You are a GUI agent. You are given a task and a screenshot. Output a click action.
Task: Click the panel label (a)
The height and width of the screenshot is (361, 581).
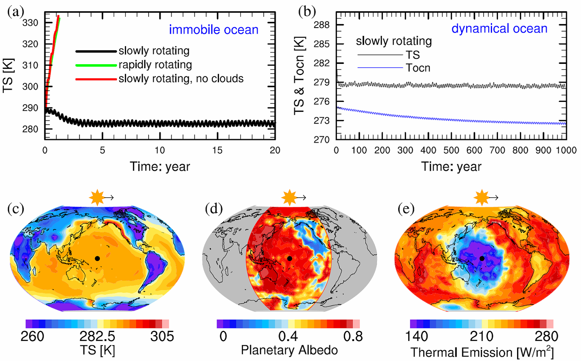pyautogui.click(x=16, y=12)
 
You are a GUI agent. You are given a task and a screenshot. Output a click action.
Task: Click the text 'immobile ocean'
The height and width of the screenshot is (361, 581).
pyautogui.click(x=214, y=30)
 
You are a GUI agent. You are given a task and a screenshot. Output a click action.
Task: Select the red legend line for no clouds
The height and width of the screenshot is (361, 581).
pyautogui.click(x=96, y=79)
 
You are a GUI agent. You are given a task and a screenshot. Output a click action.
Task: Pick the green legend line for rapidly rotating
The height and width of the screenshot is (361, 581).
pyautogui.click(x=96, y=65)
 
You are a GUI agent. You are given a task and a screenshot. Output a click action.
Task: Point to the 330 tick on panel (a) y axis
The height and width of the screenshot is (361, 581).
pyautogui.click(x=30, y=23)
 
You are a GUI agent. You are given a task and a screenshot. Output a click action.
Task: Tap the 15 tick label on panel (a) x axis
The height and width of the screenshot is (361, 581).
pyautogui.click(x=217, y=150)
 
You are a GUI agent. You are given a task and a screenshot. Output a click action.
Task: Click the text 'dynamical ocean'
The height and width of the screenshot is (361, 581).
pyautogui.click(x=499, y=28)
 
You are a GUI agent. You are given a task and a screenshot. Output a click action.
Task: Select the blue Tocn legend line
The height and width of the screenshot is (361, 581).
pyautogui.click(x=380, y=68)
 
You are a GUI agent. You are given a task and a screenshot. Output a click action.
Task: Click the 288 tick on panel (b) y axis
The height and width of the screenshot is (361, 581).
pyautogui.click(x=321, y=25)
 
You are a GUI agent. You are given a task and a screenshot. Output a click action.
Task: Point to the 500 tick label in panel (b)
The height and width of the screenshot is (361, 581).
pyautogui.click(x=451, y=150)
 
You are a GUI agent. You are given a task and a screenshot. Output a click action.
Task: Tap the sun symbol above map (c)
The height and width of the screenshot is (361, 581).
pyautogui.click(x=97, y=198)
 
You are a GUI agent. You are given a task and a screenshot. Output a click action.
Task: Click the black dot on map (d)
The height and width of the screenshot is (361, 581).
pyautogui.click(x=289, y=258)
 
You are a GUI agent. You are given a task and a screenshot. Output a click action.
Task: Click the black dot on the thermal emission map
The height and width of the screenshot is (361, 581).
pyautogui.click(x=482, y=258)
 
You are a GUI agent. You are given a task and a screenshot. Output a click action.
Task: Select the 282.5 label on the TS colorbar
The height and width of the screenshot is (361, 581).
pyautogui.click(x=97, y=336)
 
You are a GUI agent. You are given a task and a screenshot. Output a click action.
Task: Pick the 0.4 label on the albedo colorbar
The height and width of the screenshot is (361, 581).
pyautogui.click(x=288, y=336)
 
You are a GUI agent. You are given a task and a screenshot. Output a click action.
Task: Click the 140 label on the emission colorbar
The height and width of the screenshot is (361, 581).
pyautogui.click(x=416, y=336)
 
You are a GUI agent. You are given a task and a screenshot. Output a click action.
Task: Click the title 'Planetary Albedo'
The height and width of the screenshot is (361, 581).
pyautogui.click(x=289, y=350)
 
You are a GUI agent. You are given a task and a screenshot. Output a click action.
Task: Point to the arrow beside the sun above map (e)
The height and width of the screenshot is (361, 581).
pyautogui.click(x=493, y=198)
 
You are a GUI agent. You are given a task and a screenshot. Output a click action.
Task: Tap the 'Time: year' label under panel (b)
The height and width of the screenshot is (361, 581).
pyautogui.click(x=451, y=167)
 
